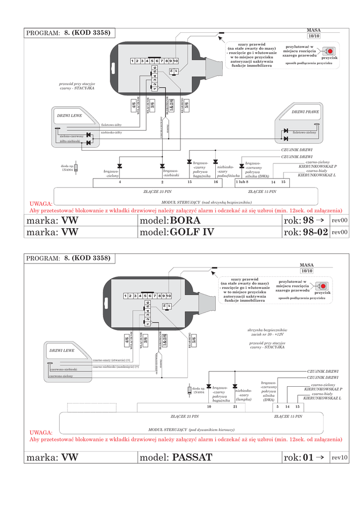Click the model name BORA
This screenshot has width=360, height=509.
pos(184,220)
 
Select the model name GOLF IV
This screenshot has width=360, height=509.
pos(191,232)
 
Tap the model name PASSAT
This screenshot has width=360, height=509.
pos(192,457)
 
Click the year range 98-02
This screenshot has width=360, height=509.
pos(315,232)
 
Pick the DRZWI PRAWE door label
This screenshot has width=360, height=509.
pos(305,112)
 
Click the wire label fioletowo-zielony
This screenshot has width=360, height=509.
pos(304,133)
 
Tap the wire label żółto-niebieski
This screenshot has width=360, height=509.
pos(70,142)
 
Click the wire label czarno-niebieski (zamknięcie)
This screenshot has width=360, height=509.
pos(115,367)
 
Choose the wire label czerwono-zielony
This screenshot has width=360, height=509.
pos(61,376)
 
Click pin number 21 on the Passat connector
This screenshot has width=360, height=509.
pos(235,407)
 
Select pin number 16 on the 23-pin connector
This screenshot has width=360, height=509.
pos(216,182)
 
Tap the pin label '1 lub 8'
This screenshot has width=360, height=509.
pos(242,182)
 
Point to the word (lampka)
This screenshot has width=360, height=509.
pos(244,399)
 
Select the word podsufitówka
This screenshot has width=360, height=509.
pos(229,175)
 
